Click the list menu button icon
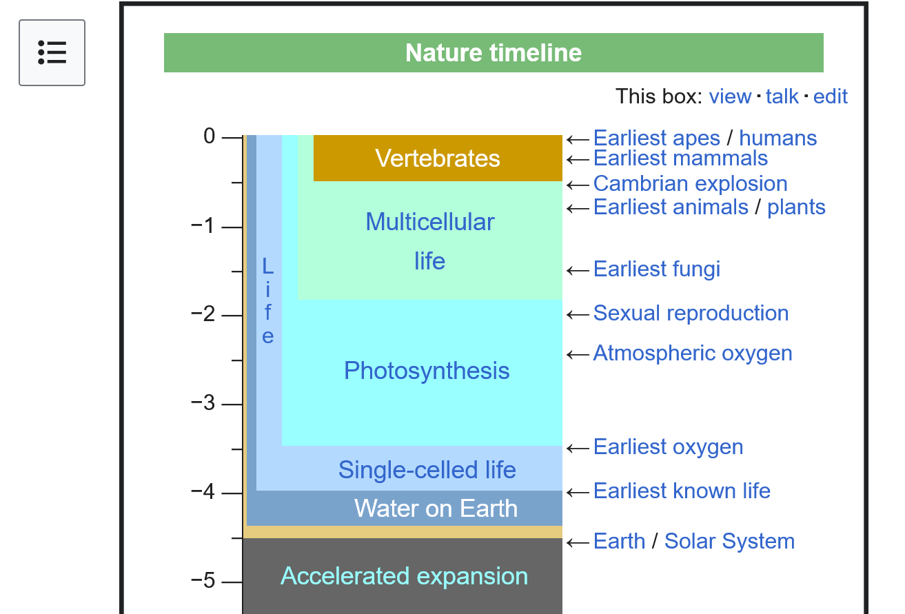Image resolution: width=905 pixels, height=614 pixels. [52, 52]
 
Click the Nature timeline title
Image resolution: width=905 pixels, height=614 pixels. [494, 52]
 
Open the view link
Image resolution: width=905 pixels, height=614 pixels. [730, 96]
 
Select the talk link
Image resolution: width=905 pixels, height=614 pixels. [782, 96]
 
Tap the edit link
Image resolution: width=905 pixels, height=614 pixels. [831, 96]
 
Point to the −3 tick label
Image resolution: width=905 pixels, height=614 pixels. [203, 402]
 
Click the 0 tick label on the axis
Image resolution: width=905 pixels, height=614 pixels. [210, 136]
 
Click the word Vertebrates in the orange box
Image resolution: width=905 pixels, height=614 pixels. [438, 158]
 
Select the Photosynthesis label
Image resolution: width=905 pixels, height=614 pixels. [427, 371]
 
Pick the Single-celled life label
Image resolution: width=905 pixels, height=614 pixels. [427, 470]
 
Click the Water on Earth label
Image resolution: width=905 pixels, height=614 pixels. [436, 508]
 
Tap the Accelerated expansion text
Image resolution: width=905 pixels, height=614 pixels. [405, 576]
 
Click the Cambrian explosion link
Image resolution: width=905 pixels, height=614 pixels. [691, 184]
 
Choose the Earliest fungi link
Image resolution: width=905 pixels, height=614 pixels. [657, 269]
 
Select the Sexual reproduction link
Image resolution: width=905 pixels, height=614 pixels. [691, 313]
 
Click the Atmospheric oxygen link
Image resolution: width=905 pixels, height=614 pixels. [693, 354]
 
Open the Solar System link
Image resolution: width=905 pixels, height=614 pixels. [730, 542]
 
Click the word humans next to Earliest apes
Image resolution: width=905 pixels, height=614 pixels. [778, 138]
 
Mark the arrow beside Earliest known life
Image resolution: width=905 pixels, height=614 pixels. [578, 493]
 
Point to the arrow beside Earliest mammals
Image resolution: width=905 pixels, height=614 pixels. [578, 160]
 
